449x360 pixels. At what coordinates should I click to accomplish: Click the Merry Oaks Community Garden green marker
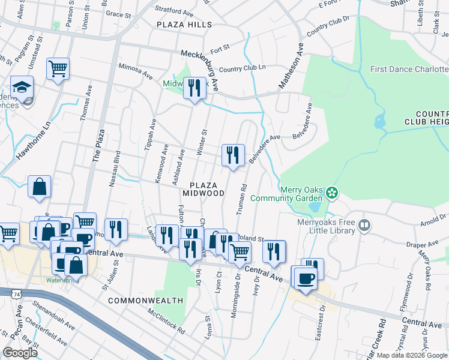(331, 193)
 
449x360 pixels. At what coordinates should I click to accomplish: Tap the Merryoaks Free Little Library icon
(364, 226)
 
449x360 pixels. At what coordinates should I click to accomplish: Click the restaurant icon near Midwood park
(193, 89)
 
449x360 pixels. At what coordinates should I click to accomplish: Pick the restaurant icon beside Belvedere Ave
(232, 155)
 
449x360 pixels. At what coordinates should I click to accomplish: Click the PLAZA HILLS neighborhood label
(184, 25)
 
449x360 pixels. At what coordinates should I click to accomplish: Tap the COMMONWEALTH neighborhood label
(137, 299)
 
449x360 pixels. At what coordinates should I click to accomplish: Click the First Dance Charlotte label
(409, 69)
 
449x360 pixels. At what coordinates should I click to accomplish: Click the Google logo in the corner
(20, 353)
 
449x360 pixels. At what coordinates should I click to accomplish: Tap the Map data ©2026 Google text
(412, 355)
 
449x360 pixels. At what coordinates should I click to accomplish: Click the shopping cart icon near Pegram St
(58, 69)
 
